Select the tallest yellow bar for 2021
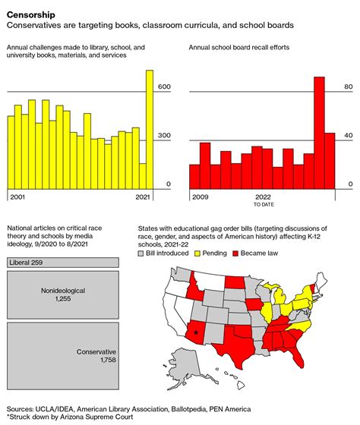point(150,129)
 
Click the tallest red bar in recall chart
point(320,132)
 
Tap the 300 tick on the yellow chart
point(164,136)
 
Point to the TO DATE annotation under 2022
point(264,204)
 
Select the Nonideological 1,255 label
point(62,295)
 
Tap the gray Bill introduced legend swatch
point(141,253)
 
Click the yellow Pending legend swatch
point(196,253)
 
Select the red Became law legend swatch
point(235,253)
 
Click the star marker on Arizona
point(197,332)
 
